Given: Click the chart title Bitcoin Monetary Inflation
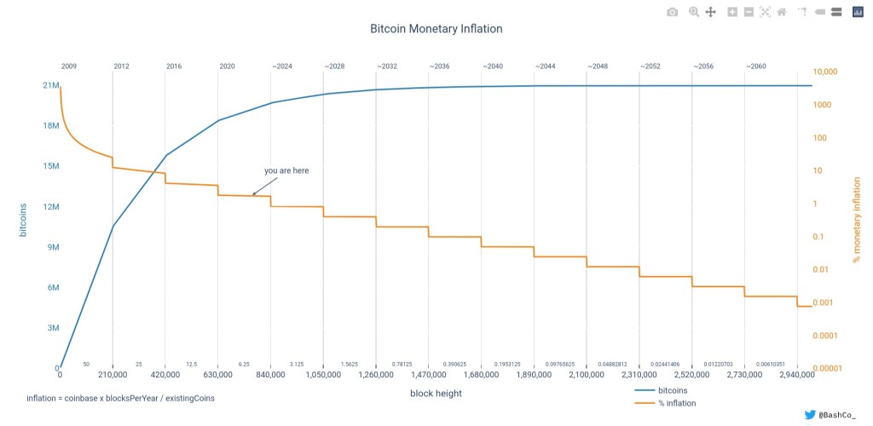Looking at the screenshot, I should [x=436, y=29].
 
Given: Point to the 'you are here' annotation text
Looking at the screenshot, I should [x=286, y=170].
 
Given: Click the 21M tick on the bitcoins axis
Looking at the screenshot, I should [x=50, y=85].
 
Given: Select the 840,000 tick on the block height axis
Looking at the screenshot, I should [x=270, y=375].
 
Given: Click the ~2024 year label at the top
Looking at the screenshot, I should [x=282, y=66].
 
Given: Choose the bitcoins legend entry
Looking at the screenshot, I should [x=674, y=390].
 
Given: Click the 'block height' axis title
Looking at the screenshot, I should [x=436, y=393].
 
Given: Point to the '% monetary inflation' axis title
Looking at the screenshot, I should [x=857, y=218].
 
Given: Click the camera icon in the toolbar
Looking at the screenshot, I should [x=673, y=12].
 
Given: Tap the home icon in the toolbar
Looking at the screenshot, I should [x=781, y=12].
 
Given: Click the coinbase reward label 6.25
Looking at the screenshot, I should [x=244, y=364].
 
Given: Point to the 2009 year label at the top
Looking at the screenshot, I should [x=69, y=66].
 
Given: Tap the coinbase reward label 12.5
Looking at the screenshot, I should [x=191, y=364].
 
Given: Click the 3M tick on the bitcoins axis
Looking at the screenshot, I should [x=52, y=327].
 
